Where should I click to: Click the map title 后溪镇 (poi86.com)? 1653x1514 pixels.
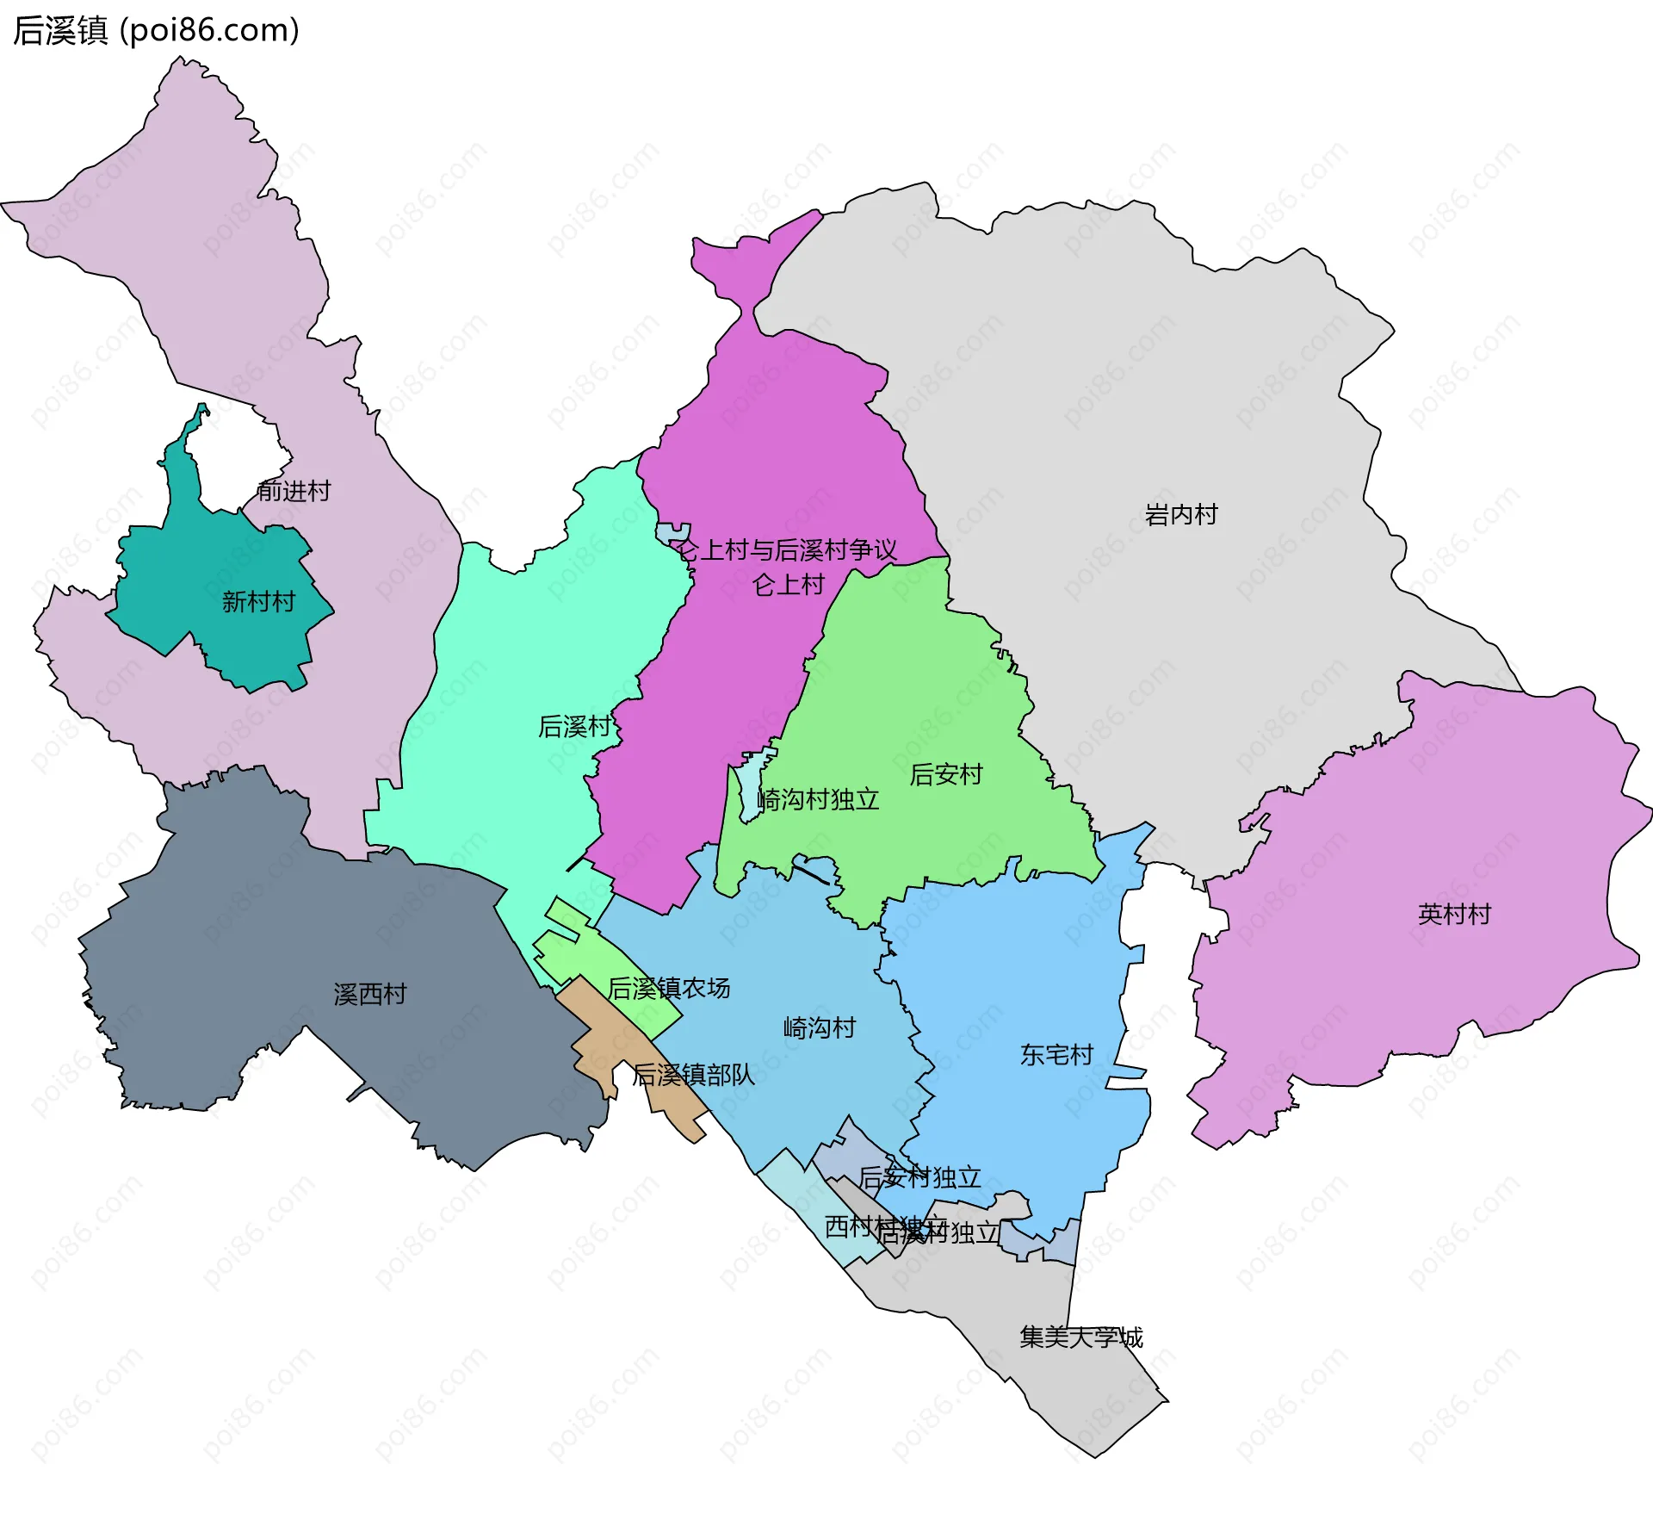(156, 31)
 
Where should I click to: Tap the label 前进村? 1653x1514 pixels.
(294, 491)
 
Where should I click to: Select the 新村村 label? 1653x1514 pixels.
(258, 601)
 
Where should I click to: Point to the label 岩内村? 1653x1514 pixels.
(1181, 515)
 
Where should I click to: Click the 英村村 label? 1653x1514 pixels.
(1454, 914)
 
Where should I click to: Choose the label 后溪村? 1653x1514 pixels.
(574, 727)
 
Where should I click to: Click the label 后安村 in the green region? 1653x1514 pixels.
(945, 774)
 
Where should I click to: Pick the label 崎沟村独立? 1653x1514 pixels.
(818, 800)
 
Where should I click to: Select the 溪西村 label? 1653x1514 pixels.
(369, 994)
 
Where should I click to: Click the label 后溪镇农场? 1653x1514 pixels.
(669, 988)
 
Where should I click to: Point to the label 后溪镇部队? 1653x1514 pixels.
(693, 1074)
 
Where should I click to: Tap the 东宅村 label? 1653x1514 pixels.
(1056, 1054)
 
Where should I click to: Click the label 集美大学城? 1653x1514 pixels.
(1080, 1337)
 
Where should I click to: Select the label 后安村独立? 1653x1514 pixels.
(919, 1176)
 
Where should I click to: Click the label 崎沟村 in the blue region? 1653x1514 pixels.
(820, 1027)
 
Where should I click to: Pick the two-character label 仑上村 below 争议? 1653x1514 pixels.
(788, 585)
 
